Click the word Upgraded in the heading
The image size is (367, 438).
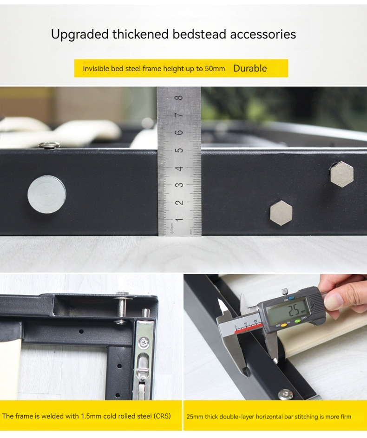pos(79,35)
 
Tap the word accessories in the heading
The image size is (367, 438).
pos(263,34)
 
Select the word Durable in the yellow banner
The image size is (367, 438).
pos(250,68)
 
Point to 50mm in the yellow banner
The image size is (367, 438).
pos(215,69)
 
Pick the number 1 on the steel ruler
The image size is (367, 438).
pos(180,220)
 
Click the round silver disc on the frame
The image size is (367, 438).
pos(47,195)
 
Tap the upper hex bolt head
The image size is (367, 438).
pos(342,174)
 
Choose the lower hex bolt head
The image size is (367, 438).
pos(281,213)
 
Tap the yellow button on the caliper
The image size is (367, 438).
pos(284,325)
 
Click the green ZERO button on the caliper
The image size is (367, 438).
pos(297,320)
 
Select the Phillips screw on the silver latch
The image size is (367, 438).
pos(144,342)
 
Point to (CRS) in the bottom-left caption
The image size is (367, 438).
pos(162,416)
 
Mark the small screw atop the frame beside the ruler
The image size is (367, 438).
pos(49,145)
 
